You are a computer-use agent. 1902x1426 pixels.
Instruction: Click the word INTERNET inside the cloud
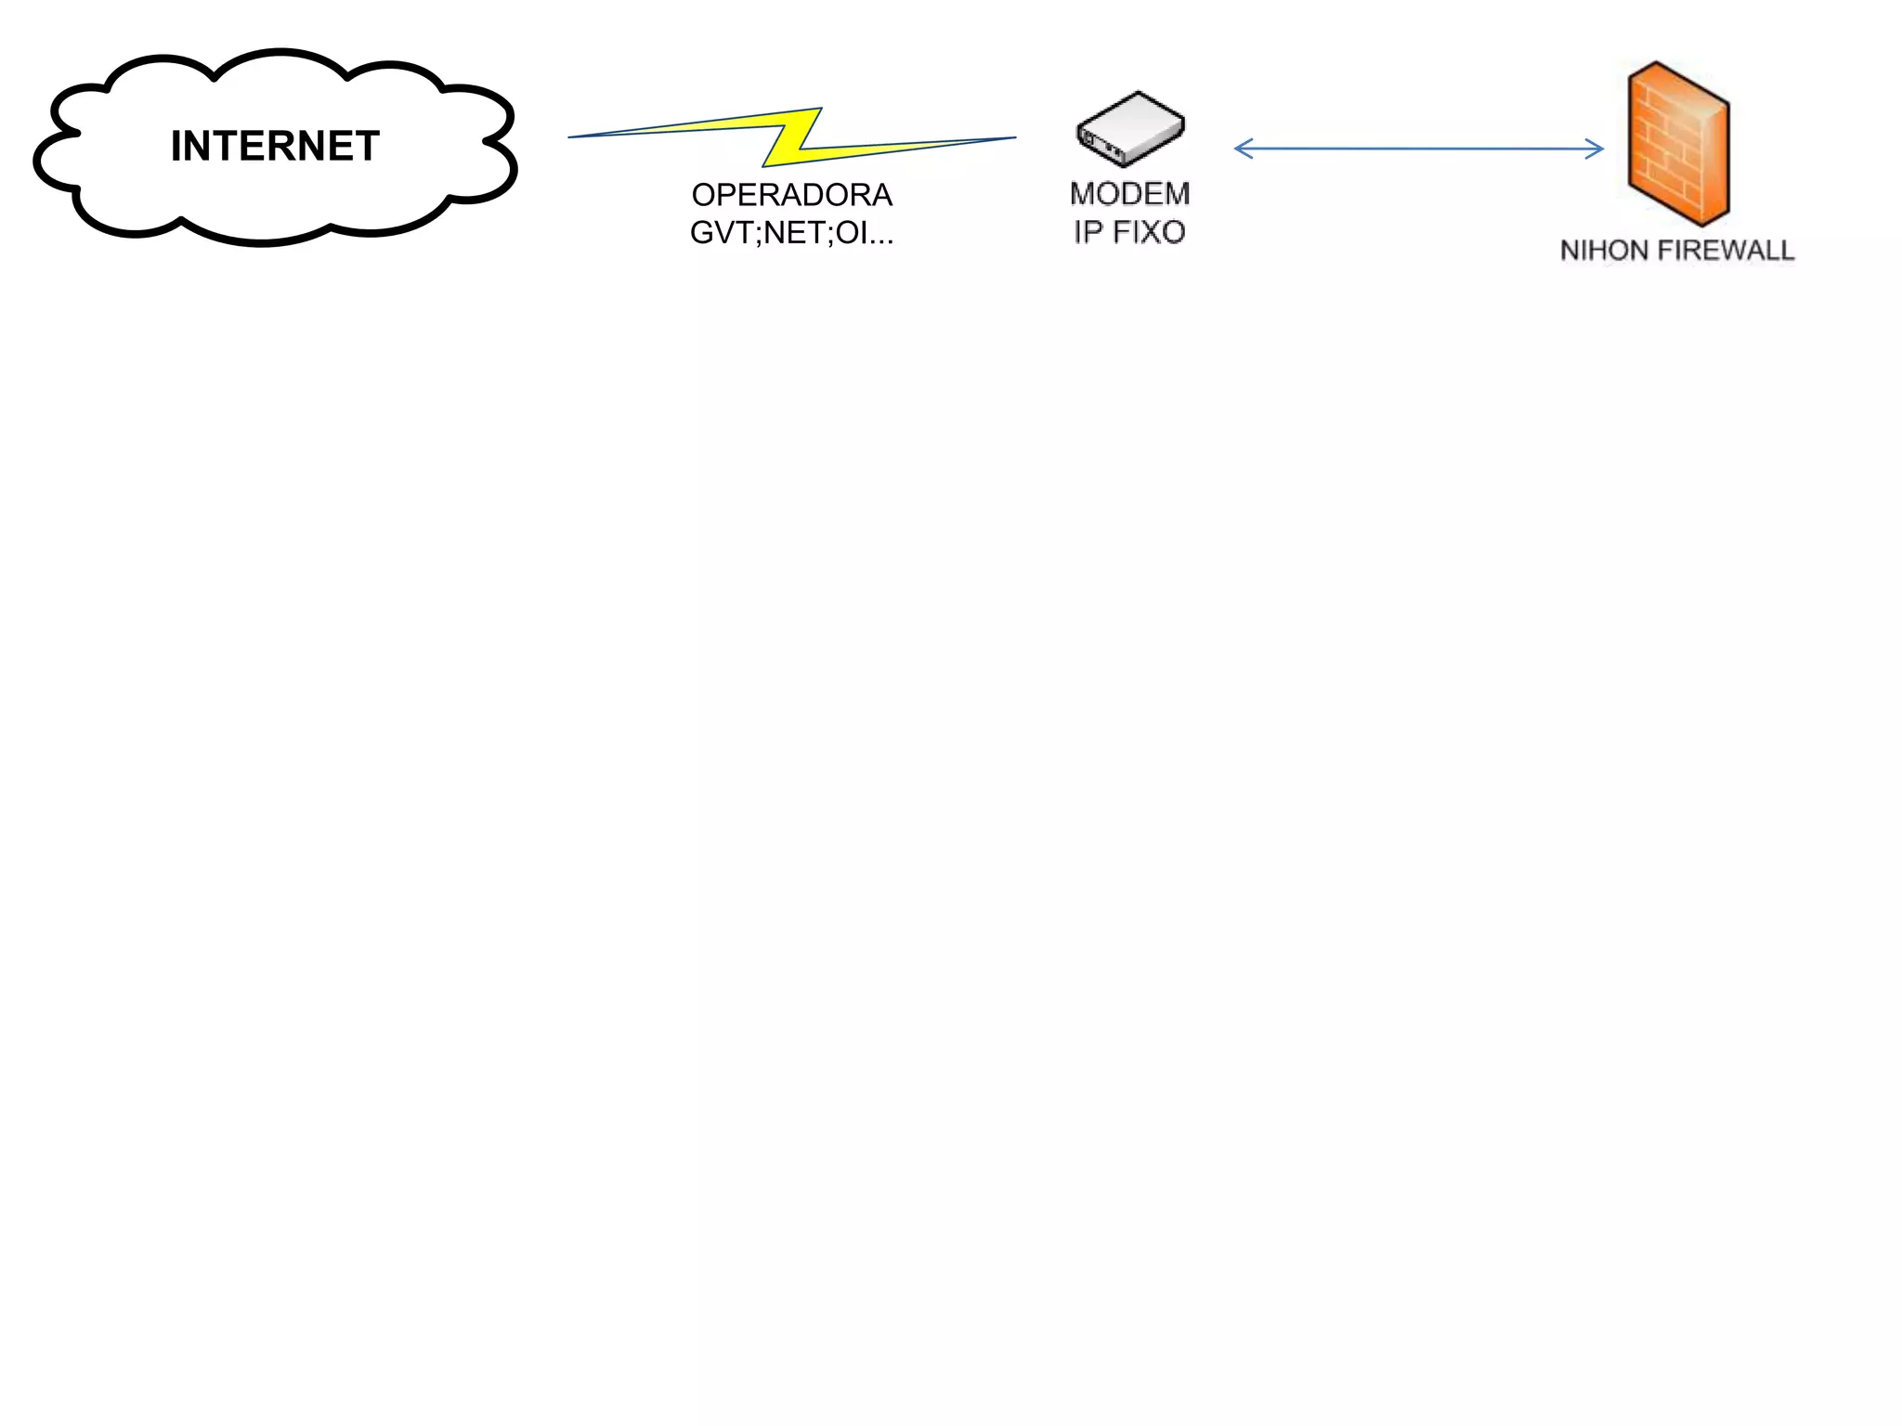(275, 147)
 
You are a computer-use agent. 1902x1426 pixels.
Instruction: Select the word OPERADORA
(791, 195)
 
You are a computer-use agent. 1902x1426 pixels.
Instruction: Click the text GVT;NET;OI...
(791, 232)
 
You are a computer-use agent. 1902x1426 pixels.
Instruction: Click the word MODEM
(1129, 194)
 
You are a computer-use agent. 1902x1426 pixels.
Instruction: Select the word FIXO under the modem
(1148, 232)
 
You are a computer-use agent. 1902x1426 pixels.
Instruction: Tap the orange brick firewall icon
(1677, 143)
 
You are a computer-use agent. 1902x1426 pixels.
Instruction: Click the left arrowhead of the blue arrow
(1239, 149)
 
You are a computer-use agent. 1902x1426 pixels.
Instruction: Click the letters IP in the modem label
(1088, 232)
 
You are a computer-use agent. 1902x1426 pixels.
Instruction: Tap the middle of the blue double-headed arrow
(1419, 149)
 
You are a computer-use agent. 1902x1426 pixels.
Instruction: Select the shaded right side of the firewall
(1714, 162)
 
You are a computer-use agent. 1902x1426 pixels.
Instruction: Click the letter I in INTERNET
(176, 147)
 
